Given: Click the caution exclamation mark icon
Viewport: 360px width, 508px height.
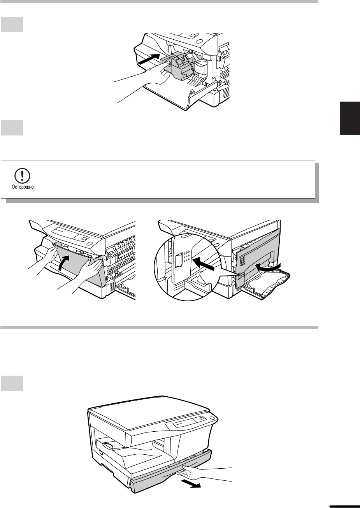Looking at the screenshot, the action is pyautogui.click(x=22, y=176).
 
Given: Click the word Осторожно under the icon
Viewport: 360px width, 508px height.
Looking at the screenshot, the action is pyautogui.click(x=23, y=187).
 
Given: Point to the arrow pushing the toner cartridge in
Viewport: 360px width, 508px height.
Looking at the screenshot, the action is pyautogui.click(x=149, y=59).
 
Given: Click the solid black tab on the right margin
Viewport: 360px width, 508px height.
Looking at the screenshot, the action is pyautogui.click(x=350, y=118).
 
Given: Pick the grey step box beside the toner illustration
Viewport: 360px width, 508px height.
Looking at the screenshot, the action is pyautogui.click(x=12, y=24).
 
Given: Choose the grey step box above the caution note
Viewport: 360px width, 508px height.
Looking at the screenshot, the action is pyautogui.click(x=12, y=128).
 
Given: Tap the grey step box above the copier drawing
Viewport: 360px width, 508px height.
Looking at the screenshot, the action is pyautogui.click(x=12, y=383).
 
